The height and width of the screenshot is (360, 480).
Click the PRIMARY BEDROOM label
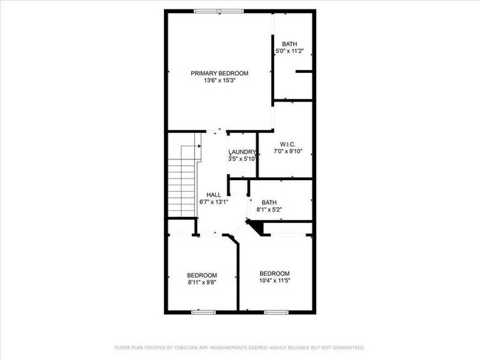pyautogui.click(x=219, y=73)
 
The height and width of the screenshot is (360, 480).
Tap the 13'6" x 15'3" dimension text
pyautogui.click(x=219, y=80)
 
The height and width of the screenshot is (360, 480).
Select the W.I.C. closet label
pyautogui.click(x=288, y=144)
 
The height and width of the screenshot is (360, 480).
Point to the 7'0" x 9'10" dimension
pyautogui.click(x=288, y=151)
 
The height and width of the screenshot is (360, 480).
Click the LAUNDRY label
pyautogui.click(x=241, y=152)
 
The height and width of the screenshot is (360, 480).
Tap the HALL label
pyautogui.click(x=213, y=195)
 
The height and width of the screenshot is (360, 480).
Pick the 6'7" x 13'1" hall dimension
pyautogui.click(x=213, y=202)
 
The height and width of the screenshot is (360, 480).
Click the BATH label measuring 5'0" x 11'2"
pyautogui.click(x=289, y=44)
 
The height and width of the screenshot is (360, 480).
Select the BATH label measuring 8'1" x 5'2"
pyautogui.click(x=269, y=202)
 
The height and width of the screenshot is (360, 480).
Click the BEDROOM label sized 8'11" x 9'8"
pyautogui.click(x=202, y=274)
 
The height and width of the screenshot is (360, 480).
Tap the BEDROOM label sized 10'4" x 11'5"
pyautogui.click(x=275, y=272)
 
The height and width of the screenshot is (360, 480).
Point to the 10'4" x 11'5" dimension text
pyautogui.click(x=275, y=280)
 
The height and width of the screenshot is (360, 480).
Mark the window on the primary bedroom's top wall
pyautogui.click(x=218, y=10)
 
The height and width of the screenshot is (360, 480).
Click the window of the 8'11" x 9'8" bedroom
pyautogui.click(x=202, y=312)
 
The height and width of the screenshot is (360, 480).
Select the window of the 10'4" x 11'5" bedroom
pyautogui.click(x=275, y=312)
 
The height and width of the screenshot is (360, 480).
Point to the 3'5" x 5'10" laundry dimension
pyautogui.click(x=242, y=159)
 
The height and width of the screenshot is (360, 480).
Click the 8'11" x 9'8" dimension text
pyautogui.click(x=202, y=282)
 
